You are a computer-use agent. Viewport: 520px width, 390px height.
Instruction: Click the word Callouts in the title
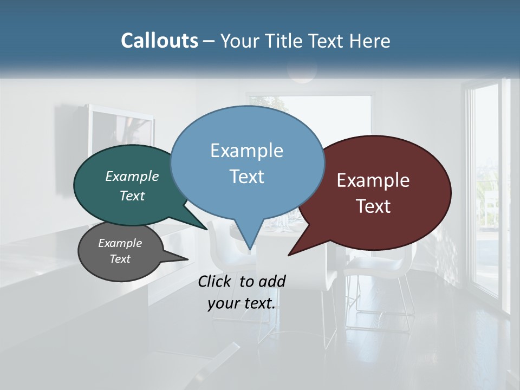159,41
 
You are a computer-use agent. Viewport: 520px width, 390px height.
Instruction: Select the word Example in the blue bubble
246,151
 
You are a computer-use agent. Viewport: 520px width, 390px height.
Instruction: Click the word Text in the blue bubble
246,176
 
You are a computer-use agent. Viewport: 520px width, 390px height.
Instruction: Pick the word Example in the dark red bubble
373,180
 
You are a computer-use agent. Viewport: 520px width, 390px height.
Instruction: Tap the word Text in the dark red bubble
373,206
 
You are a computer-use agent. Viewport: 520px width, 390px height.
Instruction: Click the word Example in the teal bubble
132,176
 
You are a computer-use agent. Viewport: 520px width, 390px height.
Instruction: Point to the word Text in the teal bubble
132,196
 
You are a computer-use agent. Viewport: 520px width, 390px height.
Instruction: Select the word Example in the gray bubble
120,243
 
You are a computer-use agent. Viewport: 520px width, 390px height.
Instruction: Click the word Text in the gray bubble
120,259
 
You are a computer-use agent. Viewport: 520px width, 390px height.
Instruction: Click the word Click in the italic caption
216,281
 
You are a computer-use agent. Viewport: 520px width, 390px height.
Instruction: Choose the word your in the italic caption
223,303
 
